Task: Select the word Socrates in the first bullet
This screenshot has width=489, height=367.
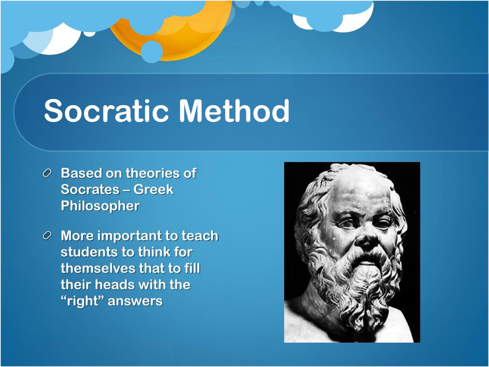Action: [89, 190]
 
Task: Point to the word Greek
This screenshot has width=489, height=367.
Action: [153, 190]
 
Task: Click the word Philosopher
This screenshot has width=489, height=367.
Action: [100, 206]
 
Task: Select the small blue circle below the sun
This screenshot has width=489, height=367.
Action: [152, 52]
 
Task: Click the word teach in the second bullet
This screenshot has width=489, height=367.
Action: [201, 236]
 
